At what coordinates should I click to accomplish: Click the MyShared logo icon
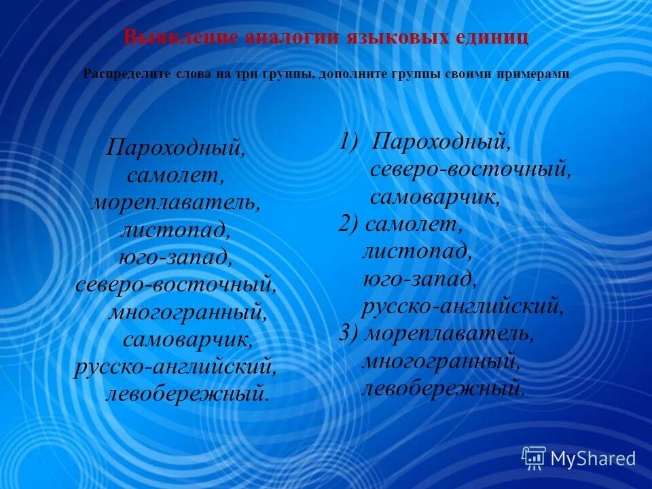(x=534, y=458)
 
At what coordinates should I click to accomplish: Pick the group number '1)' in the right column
(x=354, y=142)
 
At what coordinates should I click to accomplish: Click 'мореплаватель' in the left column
(x=175, y=202)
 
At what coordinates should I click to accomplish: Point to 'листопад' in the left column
(x=175, y=230)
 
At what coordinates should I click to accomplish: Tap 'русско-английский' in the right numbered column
(x=463, y=306)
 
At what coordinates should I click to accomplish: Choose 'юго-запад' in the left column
(x=175, y=257)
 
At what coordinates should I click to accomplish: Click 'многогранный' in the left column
(x=187, y=312)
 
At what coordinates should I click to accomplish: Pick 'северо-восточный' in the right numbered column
(x=470, y=169)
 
